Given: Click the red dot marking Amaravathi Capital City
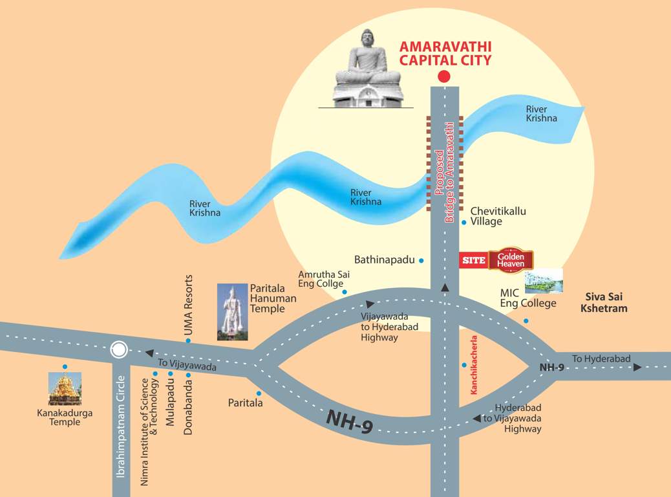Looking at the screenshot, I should tap(443, 76).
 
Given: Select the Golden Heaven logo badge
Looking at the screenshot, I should tap(511, 260).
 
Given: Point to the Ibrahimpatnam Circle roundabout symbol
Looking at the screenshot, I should tap(118, 350).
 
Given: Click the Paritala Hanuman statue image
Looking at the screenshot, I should tap(231, 312).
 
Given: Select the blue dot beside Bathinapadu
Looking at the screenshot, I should tap(421, 260).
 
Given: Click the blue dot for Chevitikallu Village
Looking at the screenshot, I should tap(463, 222).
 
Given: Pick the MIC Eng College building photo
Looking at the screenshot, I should tap(544, 280).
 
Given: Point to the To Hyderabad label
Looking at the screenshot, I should tap(601, 359).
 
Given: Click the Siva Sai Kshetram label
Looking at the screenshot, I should tap(606, 303).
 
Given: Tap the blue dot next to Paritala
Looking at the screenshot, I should tap(259, 393).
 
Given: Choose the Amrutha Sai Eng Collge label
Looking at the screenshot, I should tap(321, 279).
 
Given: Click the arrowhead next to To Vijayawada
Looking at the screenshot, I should tap(149, 353).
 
